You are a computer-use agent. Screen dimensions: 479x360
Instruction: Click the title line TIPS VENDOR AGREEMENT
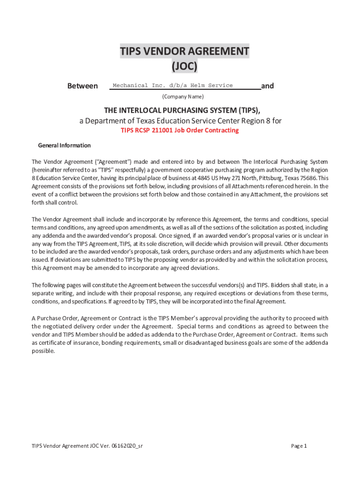pos(184,51)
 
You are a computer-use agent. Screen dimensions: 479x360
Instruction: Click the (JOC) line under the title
pos(184,67)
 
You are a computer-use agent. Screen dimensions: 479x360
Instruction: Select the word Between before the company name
pos(83,86)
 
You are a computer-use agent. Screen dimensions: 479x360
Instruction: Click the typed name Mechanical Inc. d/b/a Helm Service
pos(173,86)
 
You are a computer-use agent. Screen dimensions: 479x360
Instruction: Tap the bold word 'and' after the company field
pos(267,86)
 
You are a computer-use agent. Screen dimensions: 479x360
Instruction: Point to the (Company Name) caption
pos(183,97)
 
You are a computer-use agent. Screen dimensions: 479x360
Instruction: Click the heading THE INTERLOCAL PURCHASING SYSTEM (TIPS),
pos(182,110)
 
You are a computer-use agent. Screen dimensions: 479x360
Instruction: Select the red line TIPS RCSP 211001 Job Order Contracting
pos(180,131)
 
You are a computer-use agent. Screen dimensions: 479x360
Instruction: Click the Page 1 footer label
pos(299,446)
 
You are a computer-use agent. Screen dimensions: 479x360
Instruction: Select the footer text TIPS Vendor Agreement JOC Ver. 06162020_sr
pos(87,446)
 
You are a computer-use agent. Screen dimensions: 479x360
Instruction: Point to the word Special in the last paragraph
pos(189,326)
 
